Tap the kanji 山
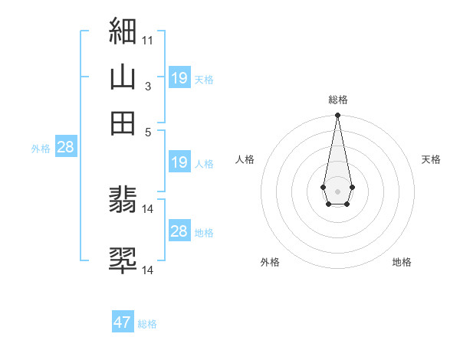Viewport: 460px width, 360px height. (x=123, y=77)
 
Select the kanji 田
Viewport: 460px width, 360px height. (x=123, y=123)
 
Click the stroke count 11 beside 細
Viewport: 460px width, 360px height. (x=148, y=38)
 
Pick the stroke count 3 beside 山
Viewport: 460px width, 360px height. (x=148, y=87)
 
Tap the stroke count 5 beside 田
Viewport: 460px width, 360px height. (x=148, y=131)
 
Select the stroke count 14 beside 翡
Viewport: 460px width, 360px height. (x=148, y=208)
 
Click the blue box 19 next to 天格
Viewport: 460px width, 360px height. (x=179, y=78)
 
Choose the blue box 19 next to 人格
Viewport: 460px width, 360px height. (x=179, y=162)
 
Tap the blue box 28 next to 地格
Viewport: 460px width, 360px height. (x=179, y=231)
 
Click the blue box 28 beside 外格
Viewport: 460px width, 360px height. (x=65, y=147)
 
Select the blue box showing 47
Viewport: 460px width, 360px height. (x=123, y=322)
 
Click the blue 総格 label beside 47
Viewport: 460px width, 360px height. (x=148, y=324)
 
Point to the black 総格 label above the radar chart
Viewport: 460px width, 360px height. (x=338, y=100)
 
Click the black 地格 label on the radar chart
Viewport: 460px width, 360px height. (x=402, y=263)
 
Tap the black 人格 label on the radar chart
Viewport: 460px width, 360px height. (x=245, y=159)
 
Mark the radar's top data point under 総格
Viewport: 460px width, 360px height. (x=337, y=116)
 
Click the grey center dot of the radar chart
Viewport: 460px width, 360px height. (x=337, y=190)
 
